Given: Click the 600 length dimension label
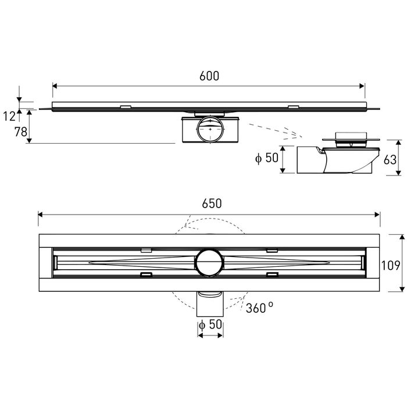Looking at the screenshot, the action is point(209,76).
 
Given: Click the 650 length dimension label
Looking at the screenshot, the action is point(212,203).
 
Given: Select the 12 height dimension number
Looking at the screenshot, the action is point(9,116).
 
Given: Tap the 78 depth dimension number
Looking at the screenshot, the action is point(21,131).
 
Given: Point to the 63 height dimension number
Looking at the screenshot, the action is point(390,160).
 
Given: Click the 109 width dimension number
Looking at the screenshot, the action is point(390,265).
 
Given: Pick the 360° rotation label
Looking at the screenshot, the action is point(259,308).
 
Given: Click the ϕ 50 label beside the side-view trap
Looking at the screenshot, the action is point(267,158).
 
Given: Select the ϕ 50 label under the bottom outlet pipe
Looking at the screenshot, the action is point(210,324).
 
